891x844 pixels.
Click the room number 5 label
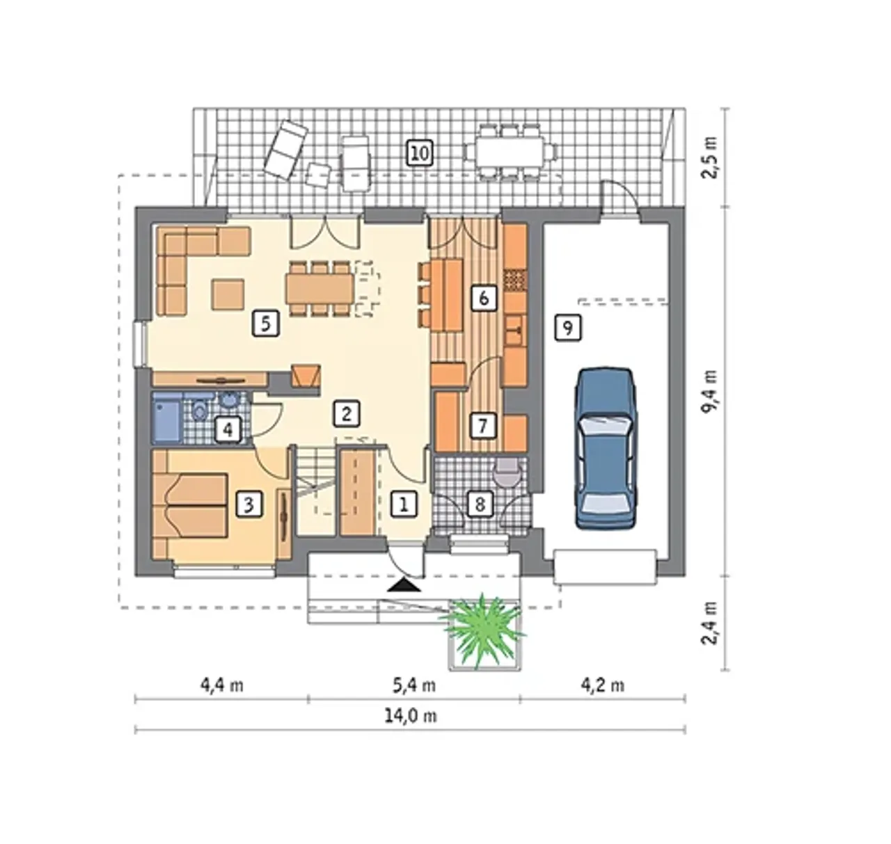[x=265, y=324]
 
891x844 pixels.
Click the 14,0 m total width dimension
[x=411, y=716]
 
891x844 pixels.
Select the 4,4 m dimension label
[x=221, y=685]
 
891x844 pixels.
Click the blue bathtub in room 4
[x=167, y=417]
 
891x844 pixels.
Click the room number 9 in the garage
[x=567, y=328]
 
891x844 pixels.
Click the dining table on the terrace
[x=510, y=152]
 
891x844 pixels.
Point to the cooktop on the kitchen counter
[x=516, y=280]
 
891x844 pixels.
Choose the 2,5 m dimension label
[x=710, y=157]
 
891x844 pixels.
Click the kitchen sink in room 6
[x=515, y=331]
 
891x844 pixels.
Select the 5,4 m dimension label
[x=414, y=685]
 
